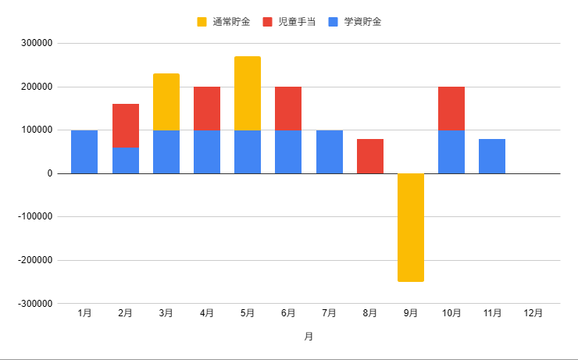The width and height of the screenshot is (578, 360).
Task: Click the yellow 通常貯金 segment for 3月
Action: [166, 102]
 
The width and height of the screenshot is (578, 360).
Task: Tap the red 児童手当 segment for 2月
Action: [126, 126]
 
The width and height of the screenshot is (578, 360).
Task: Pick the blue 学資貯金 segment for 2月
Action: [126, 160]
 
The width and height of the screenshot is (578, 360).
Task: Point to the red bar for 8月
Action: [370, 156]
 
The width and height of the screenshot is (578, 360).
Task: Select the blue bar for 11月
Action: [492, 156]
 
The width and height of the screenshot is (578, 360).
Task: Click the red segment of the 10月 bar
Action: [451, 109]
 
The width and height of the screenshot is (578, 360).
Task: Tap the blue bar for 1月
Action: [84, 151]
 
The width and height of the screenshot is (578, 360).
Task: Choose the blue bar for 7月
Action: [330, 151]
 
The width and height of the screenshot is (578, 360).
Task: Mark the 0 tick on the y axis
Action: [49, 173]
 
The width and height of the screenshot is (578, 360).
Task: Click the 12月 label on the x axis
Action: [533, 313]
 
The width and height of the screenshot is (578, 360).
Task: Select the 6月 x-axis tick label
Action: [288, 313]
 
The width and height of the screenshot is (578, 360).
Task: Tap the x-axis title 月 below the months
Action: [309, 337]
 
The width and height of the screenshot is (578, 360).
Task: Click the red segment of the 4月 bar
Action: [207, 109]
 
